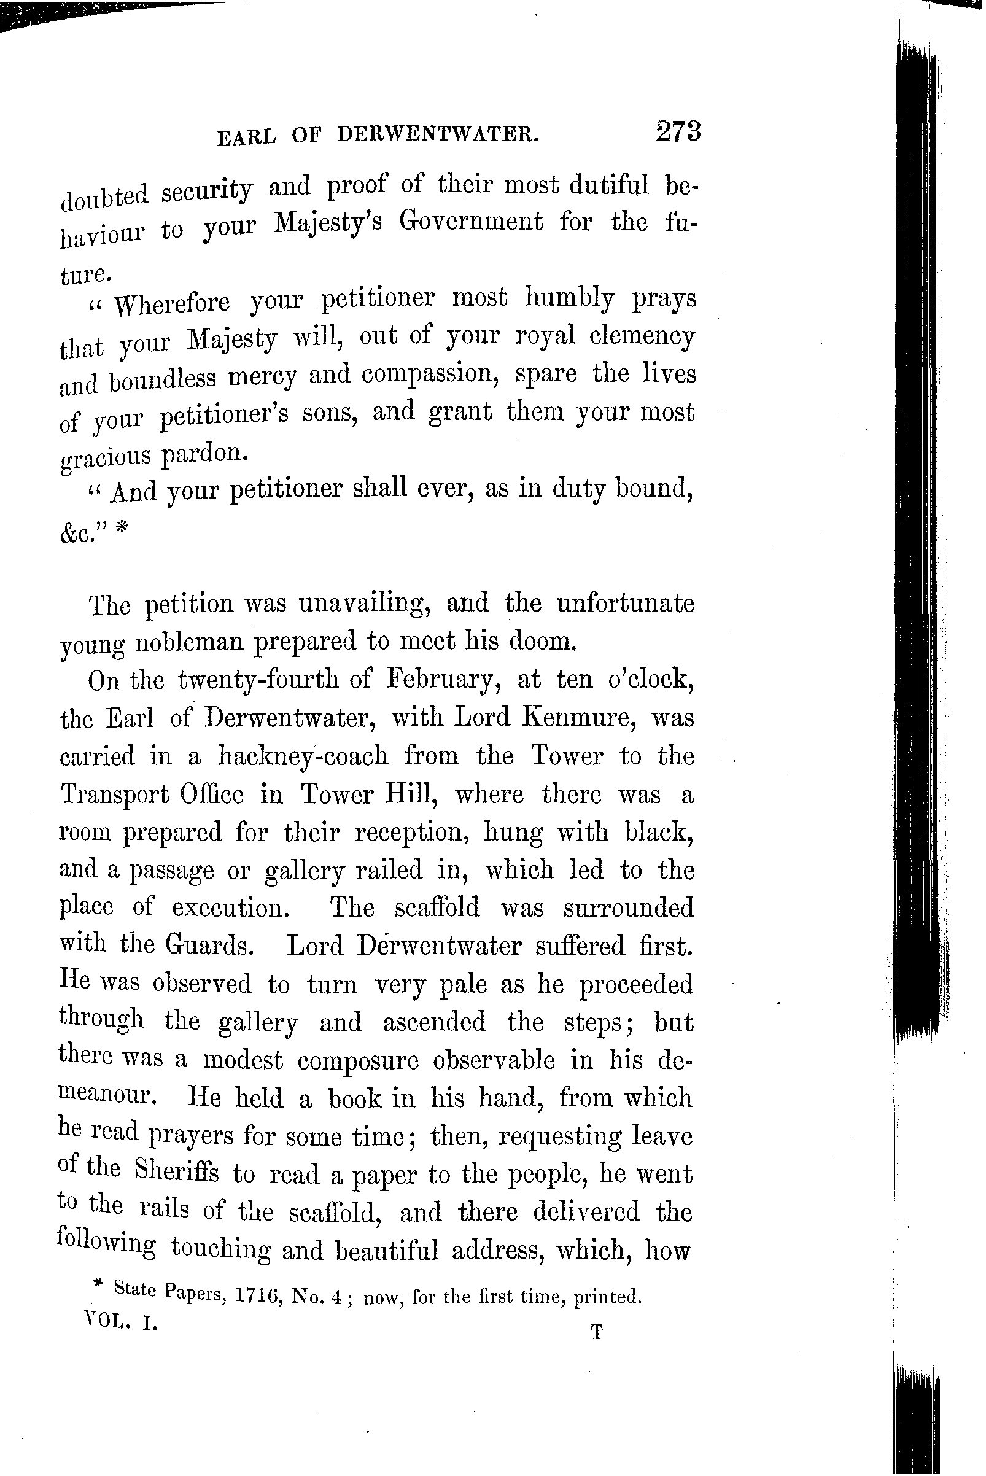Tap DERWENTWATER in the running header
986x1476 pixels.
438,134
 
